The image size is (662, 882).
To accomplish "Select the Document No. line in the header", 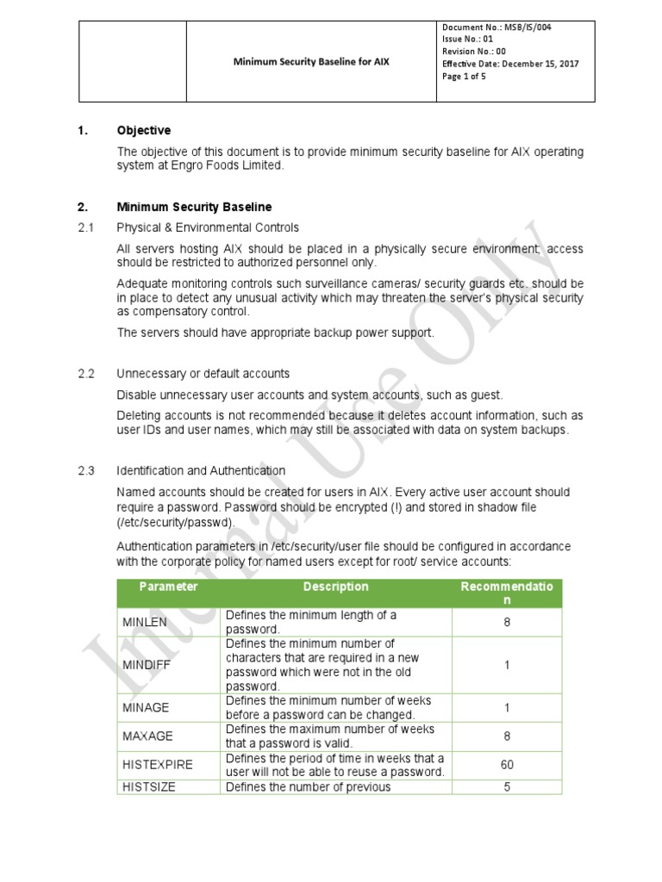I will (496, 28).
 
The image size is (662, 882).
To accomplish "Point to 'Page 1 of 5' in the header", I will (465, 76).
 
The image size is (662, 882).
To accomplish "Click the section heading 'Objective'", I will (144, 131).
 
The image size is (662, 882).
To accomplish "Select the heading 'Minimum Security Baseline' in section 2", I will (194, 207).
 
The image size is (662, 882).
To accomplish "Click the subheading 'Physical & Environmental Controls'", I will (208, 227).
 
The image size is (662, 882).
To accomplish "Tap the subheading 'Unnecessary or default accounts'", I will (203, 374).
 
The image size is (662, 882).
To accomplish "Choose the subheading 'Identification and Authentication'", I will (201, 470).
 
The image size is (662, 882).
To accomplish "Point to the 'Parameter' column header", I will (168, 587).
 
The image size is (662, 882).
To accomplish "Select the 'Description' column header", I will (336, 587).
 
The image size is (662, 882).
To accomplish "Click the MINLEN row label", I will (146, 622).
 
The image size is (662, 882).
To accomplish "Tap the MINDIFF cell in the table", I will (147, 665).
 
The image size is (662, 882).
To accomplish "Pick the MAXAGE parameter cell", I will (147, 736).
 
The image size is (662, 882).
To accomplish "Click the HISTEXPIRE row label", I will (158, 765).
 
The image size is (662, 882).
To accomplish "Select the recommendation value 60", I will (507, 765).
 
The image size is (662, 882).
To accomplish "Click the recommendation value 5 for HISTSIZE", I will (507, 786).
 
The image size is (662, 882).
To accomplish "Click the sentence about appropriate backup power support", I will (276, 332).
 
